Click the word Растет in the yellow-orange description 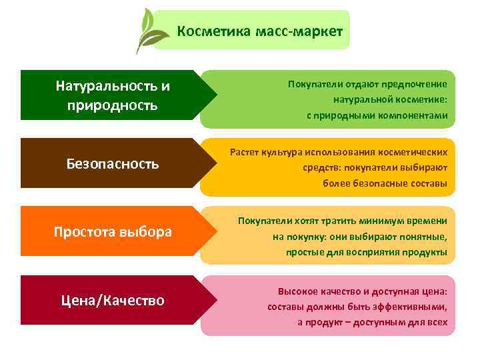[245, 153]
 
